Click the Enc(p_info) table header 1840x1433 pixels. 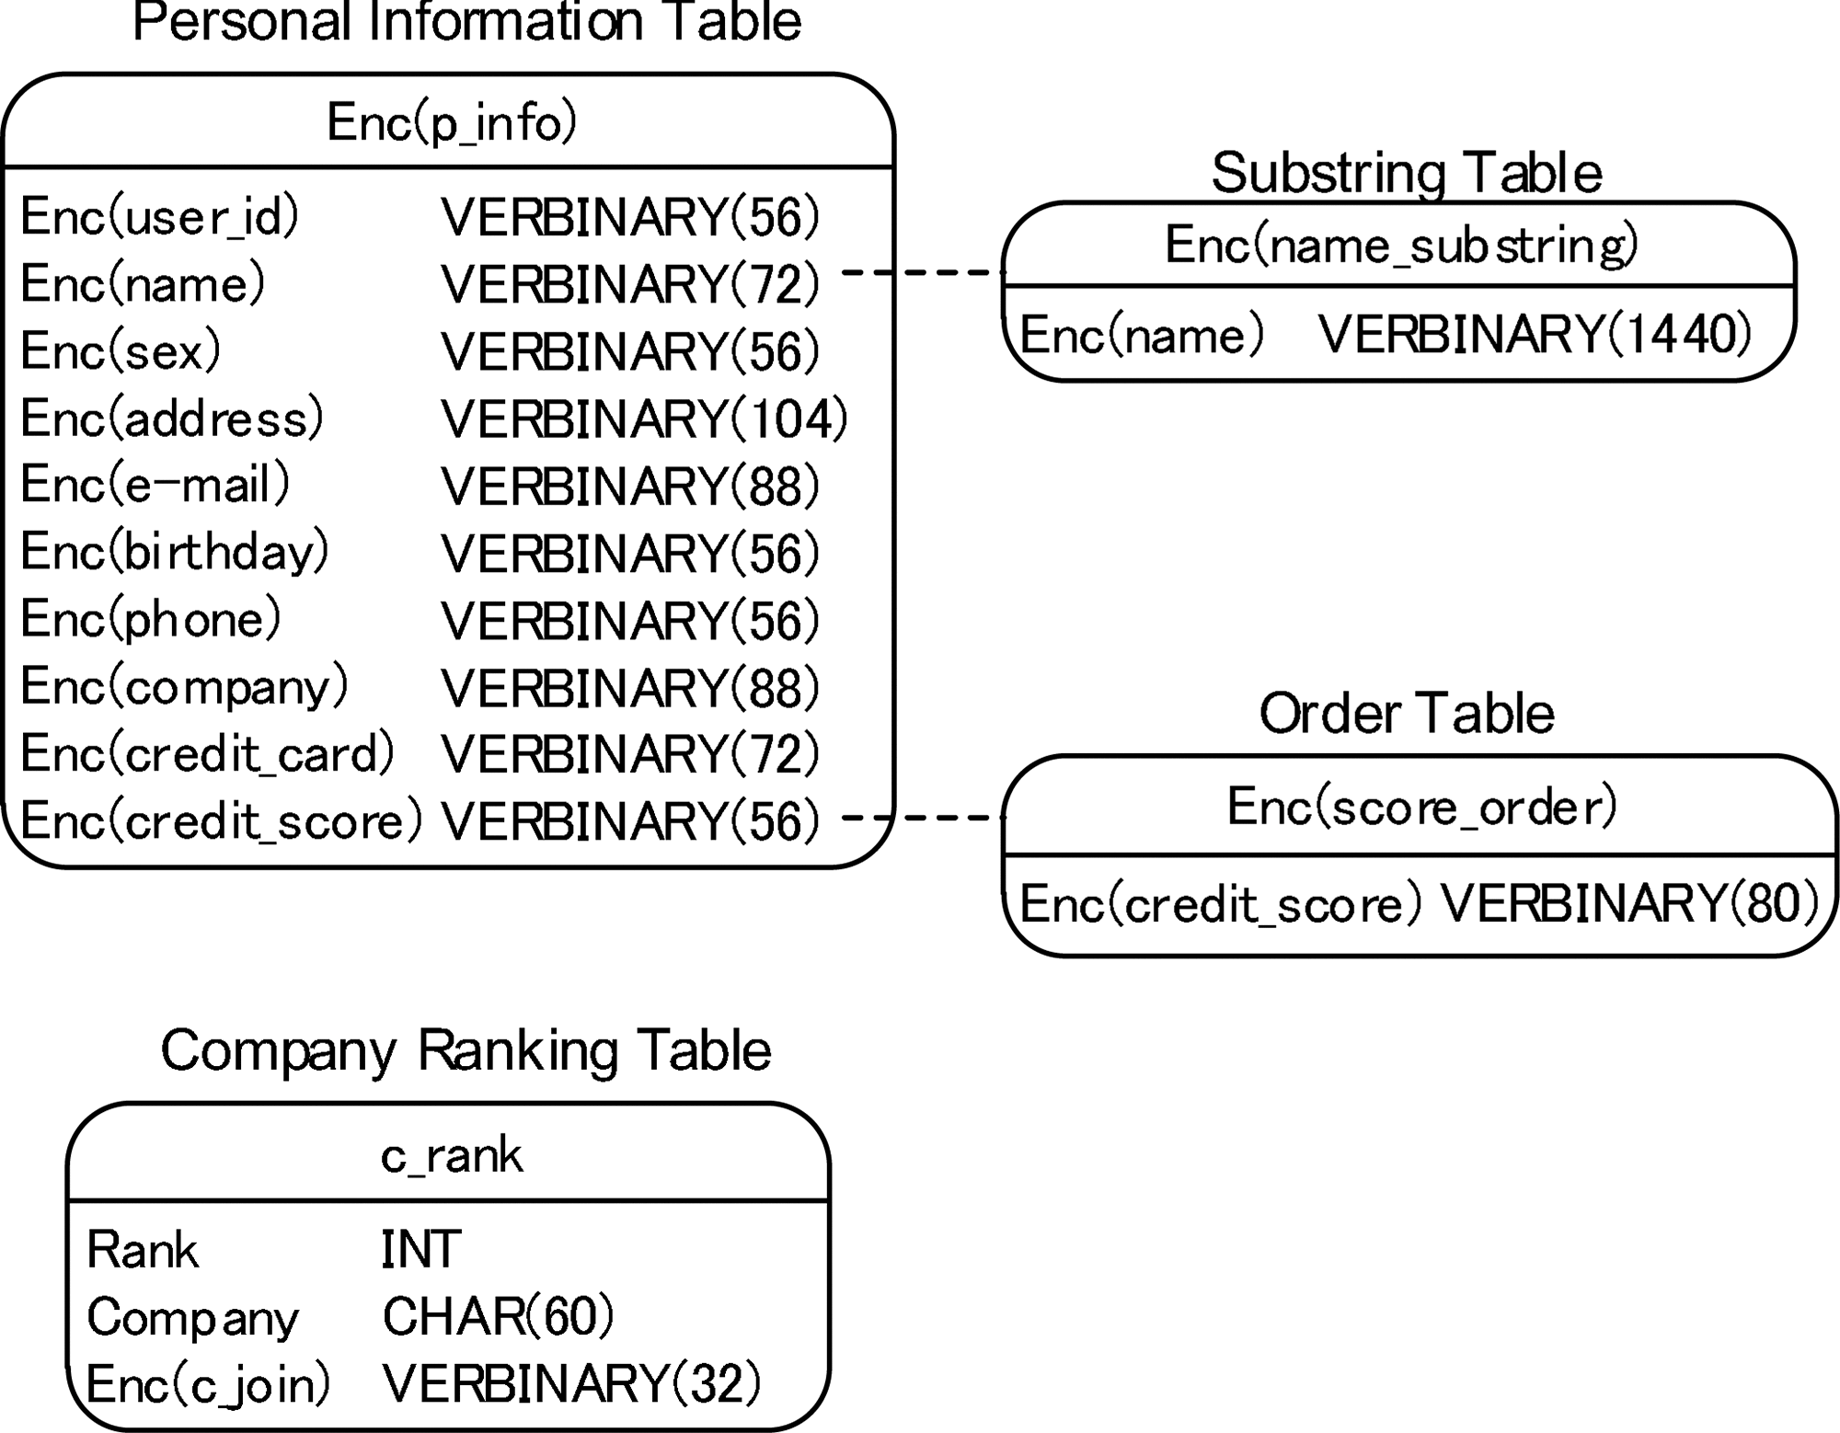[x=451, y=122]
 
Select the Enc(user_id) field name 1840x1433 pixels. [x=159, y=217]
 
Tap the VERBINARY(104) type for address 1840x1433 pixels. [x=644, y=419]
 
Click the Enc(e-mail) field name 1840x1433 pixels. [x=155, y=485]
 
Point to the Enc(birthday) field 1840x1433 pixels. [x=174, y=553]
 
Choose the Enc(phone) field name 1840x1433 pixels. [x=150, y=620]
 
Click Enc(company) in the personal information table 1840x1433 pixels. [x=184, y=687]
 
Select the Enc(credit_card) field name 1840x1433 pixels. [x=207, y=754]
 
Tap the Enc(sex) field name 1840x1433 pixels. [x=121, y=351]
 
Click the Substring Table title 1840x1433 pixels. [x=1406, y=173]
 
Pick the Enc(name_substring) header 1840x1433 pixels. [x=1401, y=246]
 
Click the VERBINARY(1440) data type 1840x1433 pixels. [x=1535, y=334]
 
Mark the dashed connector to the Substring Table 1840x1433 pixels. [x=923, y=272]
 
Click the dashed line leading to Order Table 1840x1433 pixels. [x=923, y=817]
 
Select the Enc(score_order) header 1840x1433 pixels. [x=1421, y=807]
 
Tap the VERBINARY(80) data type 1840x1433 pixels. [x=1629, y=903]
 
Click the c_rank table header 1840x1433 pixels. [x=451, y=1155]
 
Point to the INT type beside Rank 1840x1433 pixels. [x=420, y=1250]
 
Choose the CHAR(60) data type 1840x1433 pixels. [x=497, y=1317]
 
